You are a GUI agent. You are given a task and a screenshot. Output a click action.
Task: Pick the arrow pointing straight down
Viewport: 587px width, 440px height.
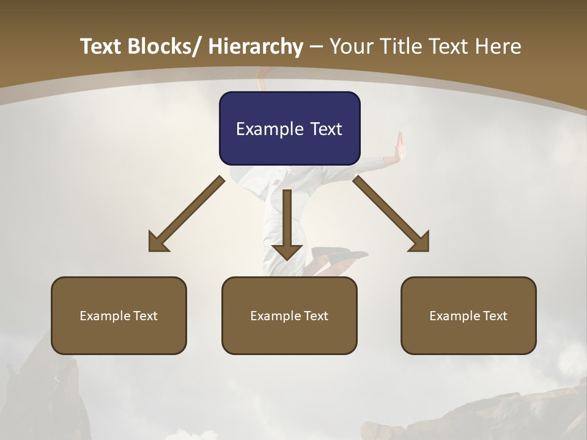point(287,223)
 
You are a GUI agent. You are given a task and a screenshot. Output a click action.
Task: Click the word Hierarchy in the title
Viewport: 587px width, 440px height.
point(256,46)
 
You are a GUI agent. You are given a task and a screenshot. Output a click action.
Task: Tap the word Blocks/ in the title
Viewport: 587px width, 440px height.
point(164,46)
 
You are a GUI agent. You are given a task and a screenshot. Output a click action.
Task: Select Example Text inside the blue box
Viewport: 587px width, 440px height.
point(289,129)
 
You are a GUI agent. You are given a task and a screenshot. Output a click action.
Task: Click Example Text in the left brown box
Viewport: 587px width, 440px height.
point(119,316)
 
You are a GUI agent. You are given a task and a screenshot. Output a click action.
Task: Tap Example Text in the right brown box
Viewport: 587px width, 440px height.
point(468,316)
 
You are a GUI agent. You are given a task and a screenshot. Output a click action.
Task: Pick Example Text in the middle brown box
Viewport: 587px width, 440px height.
point(289,316)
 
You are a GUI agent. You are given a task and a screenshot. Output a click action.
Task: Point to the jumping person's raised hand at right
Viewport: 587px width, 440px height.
point(401,147)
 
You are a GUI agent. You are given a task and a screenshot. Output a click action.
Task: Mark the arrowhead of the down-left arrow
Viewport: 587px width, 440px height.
point(157,243)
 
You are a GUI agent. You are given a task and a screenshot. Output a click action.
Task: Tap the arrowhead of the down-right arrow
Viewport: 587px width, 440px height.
point(421,243)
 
